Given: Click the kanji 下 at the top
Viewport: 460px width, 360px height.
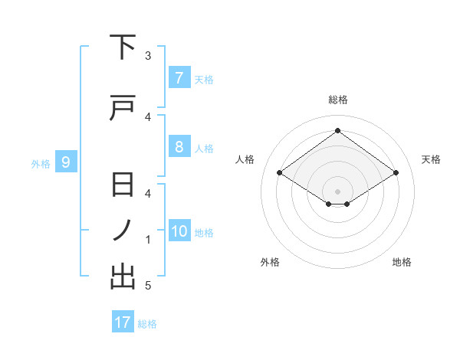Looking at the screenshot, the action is pyautogui.click(x=123, y=48).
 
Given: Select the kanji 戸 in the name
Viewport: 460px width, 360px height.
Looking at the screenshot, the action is pyautogui.click(x=123, y=110).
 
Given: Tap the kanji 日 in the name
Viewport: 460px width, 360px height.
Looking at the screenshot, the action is pyautogui.click(x=123, y=186).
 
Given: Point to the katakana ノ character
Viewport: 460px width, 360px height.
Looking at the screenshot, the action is pyautogui.click(x=123, y=231).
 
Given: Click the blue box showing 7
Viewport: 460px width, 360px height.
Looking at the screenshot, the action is pyautogui.click(x=179, y=78).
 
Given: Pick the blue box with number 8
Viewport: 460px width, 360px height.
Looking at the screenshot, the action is pyautogui.click(x=179, y=147).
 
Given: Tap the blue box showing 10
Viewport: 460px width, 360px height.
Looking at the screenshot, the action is pyautogui.click(x=179, y=232).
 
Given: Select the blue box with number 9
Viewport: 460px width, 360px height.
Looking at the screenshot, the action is pyautogui.click(x=66, y=162).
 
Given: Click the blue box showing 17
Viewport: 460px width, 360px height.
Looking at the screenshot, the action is pyautogui.click(x=123, y=322).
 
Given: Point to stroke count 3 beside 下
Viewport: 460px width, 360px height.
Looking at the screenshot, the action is pyautogui.click(x=148, y=56).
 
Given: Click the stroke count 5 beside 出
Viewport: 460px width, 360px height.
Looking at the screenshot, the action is pyautogui.click(x=148, y=286).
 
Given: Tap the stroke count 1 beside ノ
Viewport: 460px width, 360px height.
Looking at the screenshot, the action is pyautogui.click(x=148, y=240).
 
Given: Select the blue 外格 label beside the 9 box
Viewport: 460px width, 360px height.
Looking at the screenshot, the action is pyautogui.click(x=41, y=163).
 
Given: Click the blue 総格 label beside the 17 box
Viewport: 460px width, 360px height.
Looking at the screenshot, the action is pyautogui.click(x=147, y=324).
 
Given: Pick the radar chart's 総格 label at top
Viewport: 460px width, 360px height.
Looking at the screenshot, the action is pyautogui.click(x=337, y=100).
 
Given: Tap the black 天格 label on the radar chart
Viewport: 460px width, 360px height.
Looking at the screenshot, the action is pyautogui.click(x=432, y=159).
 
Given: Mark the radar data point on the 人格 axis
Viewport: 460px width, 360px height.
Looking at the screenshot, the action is pyautogui.click(x=280, y=173).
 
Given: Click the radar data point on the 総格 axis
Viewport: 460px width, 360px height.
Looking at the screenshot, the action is pyautogui.click(x=337, y=130).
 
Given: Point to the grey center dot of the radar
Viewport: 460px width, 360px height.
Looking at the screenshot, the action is pyautogui.click(x=337, y=190).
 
